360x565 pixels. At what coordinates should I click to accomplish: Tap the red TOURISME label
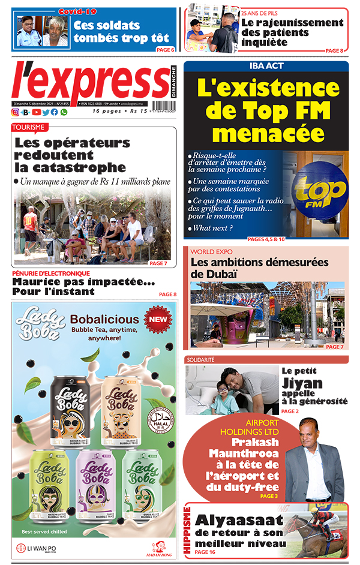click(29, 127)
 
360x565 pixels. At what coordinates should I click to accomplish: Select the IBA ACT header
click(266, 66)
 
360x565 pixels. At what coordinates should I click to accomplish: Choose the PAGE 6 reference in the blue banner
click(165, 50)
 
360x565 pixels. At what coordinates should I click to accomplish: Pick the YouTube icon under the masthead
click(36, 112)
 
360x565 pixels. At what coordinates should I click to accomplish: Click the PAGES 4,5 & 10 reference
click(266, 239)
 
